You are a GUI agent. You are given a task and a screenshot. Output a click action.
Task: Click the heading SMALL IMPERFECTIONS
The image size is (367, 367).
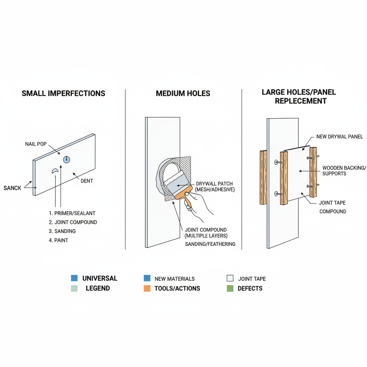(63, 94)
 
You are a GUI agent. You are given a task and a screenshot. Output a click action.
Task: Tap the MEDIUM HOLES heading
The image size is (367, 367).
(183, 94)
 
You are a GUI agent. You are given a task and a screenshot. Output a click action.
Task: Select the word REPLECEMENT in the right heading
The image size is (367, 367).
(301, 101)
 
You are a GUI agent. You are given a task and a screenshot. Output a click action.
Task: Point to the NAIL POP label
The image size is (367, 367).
(36, 144)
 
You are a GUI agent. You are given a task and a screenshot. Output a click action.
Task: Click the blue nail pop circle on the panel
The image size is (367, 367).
(66, 159)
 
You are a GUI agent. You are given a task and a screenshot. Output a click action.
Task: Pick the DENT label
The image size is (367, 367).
(87, 181)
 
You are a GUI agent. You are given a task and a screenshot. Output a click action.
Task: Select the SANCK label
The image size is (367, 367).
(13, 188)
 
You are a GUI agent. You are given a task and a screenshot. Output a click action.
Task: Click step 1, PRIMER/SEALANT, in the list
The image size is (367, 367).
(72, 213)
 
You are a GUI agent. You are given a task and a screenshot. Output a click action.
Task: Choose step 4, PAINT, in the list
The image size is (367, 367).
(58, 240)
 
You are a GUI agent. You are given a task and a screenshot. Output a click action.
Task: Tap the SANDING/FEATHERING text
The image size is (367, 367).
(210, 244)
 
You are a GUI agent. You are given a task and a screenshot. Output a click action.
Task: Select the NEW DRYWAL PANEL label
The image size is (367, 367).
(339, 137)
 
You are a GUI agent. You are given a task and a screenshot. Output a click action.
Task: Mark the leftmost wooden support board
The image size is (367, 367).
(263, 177)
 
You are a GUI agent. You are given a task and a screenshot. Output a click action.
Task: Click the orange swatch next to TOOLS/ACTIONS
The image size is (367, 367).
(147, 289)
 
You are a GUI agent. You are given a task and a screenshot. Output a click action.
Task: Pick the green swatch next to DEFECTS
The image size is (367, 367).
(230, 289)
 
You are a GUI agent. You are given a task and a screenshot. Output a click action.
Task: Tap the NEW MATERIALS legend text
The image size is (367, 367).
(175, 278)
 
